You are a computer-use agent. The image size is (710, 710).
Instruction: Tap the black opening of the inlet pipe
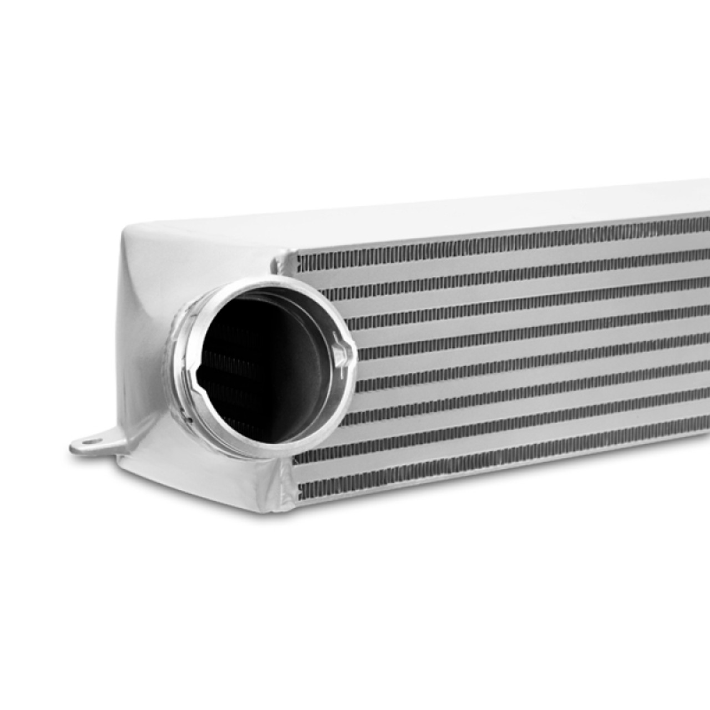[244, 366]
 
